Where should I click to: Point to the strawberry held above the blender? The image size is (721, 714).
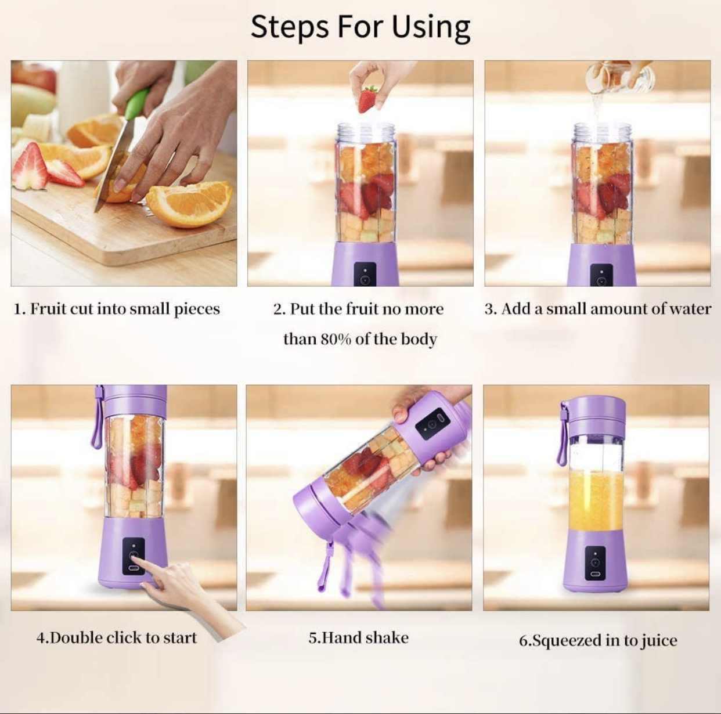pos(368,99)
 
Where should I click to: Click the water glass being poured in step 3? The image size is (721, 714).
pos(619,77)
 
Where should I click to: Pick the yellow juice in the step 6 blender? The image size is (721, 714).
pos(596,501)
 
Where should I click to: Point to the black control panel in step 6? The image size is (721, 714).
pos(595,563)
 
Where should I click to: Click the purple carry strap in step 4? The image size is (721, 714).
pos(98,417)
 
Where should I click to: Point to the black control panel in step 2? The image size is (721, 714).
pos(365,275)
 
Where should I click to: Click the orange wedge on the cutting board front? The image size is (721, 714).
pos(189,204)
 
